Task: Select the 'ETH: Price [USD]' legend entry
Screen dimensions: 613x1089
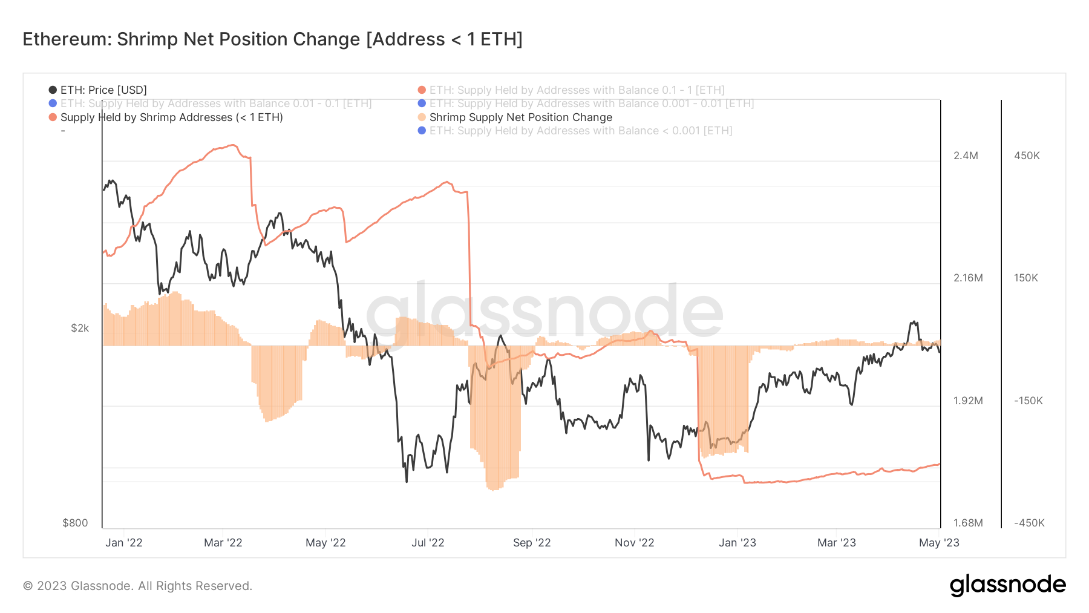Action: tap(103, 90)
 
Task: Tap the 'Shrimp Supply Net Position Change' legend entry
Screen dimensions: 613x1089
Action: tap(520, 117)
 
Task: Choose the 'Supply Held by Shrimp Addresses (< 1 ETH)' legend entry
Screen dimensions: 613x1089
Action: tap(171, 117)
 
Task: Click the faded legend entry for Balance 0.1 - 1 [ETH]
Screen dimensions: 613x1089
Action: tap(577, 90)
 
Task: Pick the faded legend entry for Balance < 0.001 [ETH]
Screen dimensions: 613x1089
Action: tap(580, 131)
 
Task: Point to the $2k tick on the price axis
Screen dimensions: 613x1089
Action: tap(80, 328)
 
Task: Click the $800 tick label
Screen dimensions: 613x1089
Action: tap(75, 523)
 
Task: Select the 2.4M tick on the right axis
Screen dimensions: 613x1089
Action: tap(966, 156)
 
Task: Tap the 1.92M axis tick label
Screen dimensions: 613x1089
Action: tap(968, 401)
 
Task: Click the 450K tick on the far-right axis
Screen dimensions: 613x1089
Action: tap(1027, 156)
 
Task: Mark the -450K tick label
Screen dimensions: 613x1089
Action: tap(1029, 523)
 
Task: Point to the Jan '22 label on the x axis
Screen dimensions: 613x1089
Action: tap(124, 543)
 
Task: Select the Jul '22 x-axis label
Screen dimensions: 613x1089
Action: tap(428, 543)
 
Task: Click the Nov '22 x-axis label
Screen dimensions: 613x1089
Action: tap(634, 543)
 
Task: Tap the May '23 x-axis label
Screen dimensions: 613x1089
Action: tap(939, 543)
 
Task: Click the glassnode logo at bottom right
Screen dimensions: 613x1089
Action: tap(1007, 585)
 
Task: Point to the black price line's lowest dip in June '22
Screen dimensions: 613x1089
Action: tap(407, 482)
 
